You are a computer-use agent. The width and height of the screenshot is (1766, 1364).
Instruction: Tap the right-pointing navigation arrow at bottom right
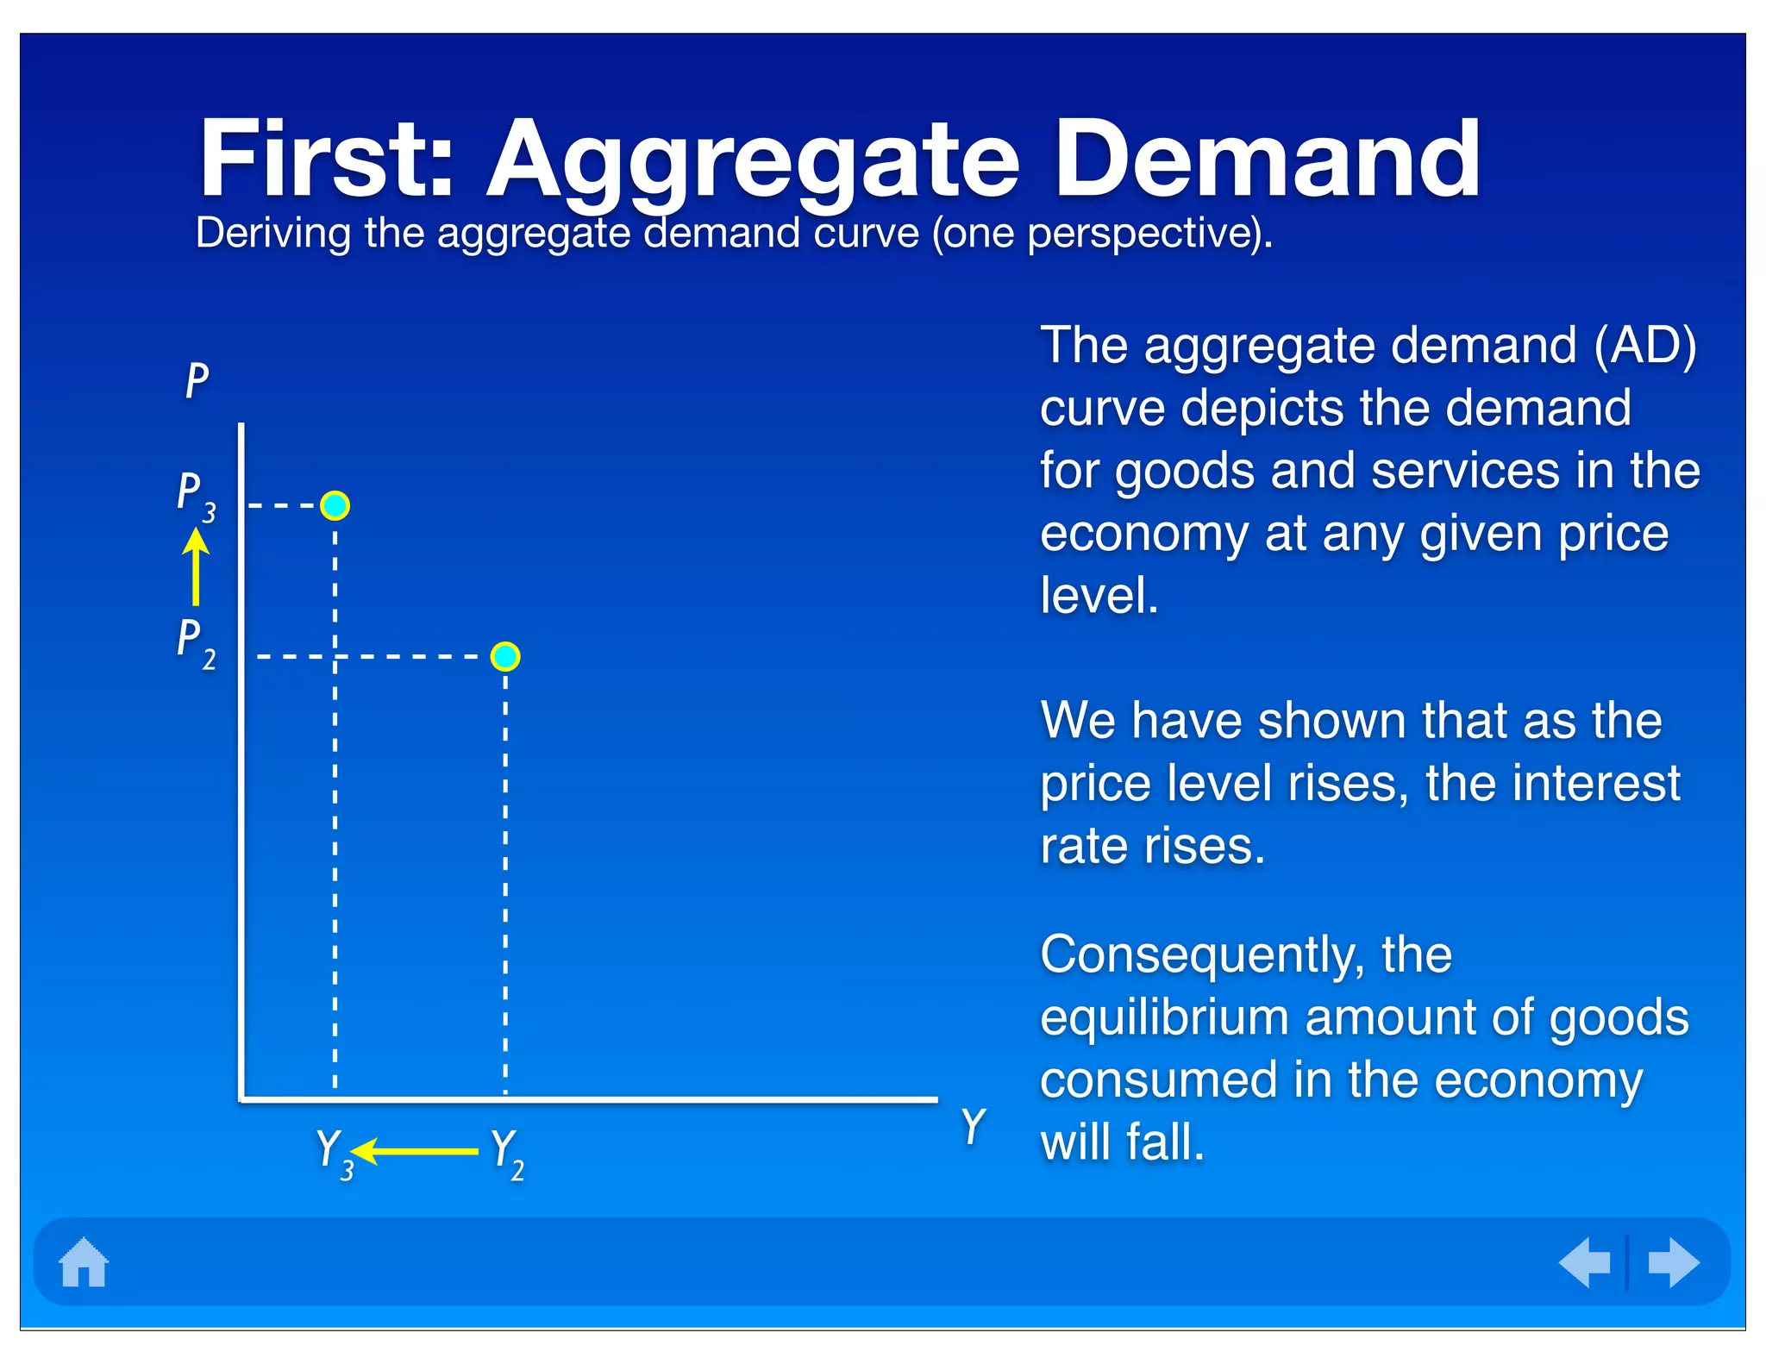coord(1673,1262)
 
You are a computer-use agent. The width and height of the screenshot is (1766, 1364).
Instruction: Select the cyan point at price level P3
coord(335,505)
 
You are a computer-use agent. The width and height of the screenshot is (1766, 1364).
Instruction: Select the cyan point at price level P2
coord(505,657)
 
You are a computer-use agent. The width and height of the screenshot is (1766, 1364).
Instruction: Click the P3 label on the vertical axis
coord(196,497)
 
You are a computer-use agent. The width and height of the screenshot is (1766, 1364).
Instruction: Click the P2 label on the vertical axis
coord(196,643)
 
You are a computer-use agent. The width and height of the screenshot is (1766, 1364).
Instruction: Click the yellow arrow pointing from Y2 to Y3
coord(415,1151)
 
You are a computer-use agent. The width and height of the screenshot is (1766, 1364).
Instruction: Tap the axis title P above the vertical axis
coord(197,380)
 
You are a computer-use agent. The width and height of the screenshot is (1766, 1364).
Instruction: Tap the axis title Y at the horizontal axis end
coord(973,1126)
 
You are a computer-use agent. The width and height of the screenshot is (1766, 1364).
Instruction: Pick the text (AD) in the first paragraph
coord(1644,346)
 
